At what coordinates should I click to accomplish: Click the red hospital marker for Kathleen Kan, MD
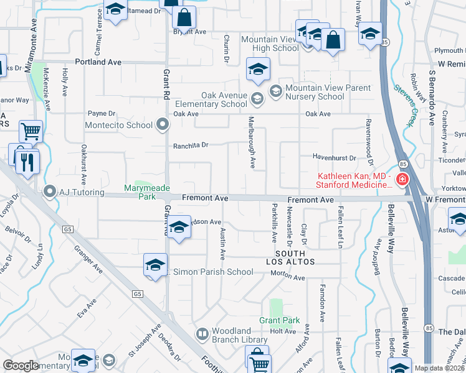[x=402, y=180]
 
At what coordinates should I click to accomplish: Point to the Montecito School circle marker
[x=163, y=125]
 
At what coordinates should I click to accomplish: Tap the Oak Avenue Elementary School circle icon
[x=256, y=98]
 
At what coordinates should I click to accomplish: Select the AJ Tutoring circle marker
[x=49, y=192]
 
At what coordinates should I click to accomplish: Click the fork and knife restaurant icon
[x=27, y=162]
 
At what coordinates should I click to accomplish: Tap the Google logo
[x=21, y=366]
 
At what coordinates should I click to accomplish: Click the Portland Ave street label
[x=98, y=62]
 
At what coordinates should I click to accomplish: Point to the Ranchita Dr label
[x=190, y=145]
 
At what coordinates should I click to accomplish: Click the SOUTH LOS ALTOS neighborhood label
[x=290, y=258]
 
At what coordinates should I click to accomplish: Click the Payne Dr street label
[x=102, y=114]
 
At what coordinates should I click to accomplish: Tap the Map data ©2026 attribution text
[x=439, y=368]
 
